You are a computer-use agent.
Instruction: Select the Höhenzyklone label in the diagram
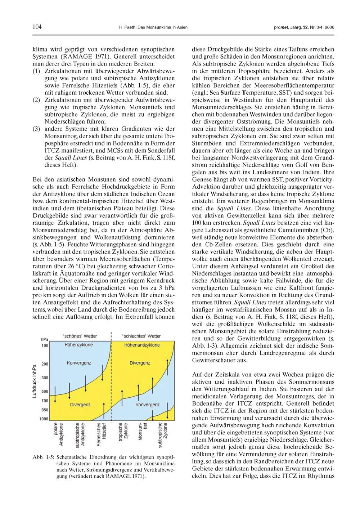(x=78, y=345)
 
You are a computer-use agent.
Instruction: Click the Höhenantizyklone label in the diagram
(x=142, y=345)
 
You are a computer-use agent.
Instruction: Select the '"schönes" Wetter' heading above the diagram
(x=80, y=336)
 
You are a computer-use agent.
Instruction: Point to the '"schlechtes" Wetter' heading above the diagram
(x=141, y=336)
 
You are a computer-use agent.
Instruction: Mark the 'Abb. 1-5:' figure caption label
(x=43, y=457)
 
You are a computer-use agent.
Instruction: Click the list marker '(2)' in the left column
(x=36, y=99)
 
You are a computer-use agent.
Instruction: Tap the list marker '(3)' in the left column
(x=36, y=129)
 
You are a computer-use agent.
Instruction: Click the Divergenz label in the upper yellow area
(x=140, y=363)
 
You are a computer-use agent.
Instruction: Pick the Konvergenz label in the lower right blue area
(x=147, y=405)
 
